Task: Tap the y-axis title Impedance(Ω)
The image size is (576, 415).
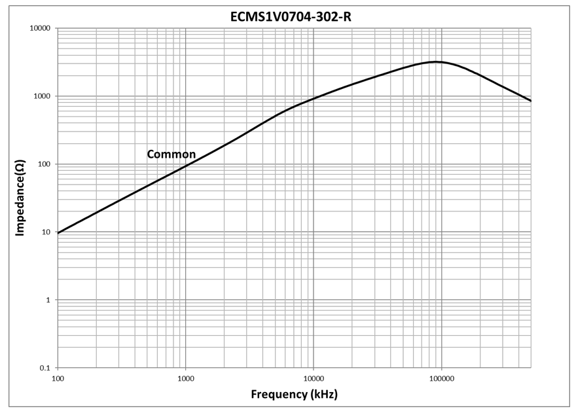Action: [x=20, y=198]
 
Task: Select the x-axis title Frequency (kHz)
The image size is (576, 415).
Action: [x=295, y=395]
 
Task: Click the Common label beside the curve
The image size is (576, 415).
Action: [x=171, y=154]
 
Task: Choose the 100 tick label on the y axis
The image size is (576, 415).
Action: [x=43, y=164]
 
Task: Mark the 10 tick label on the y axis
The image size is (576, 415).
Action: [x=46, y=232]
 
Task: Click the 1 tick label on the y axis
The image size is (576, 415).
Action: [x=48, y=300]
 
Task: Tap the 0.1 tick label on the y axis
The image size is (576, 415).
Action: [x=45, y=368]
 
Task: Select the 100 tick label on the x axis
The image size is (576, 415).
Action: [x=58, y=378]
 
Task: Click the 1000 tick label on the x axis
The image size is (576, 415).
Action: [x=186, y=378]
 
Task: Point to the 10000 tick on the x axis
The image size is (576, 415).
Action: [x=314, y=378]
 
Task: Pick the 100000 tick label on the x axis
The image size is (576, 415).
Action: [x=442, y=378]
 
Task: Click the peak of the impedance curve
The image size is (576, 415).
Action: [x=435, y=62]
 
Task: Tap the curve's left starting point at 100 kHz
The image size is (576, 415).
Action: [x=58, y=233]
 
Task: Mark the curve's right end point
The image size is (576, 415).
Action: [x=531, y=101]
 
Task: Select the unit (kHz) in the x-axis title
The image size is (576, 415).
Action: [x=324, y=395]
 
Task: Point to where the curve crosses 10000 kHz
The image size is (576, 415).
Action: [x=314, y=99]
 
